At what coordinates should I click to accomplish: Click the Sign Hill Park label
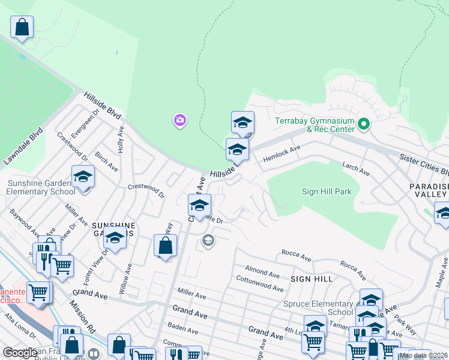pos(326,191)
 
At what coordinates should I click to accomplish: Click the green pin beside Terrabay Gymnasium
pos(363,125)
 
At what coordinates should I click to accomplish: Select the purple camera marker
pos(179,121)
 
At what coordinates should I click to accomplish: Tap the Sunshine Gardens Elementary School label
pos(41,187)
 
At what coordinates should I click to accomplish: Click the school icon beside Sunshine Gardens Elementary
pos(83,176)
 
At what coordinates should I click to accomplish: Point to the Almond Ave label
pos(262,272)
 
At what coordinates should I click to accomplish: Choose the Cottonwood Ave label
pos(259,284)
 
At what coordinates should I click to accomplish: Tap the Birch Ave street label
pos(106,161)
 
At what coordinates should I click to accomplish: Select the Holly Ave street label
pos(121,139)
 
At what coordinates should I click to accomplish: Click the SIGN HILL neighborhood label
pos(311,279)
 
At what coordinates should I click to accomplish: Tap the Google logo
pos(20,352)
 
